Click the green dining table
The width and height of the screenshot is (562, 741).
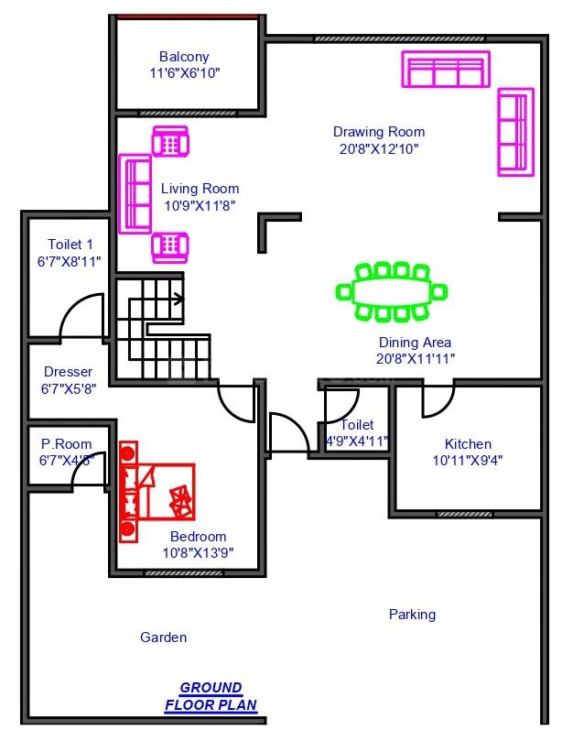tap(392, 292)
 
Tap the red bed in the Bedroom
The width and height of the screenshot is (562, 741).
tap(157, 492)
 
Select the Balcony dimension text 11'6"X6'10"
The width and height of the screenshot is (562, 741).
tap(185, 73)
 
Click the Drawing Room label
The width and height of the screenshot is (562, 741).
tap(379, 131)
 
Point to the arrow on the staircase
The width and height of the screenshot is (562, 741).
tap(178, 299)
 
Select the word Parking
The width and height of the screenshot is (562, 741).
tap(412, 615)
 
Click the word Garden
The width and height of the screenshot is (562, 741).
tap(164, 637)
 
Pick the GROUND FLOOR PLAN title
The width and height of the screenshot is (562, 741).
tap(211, 696)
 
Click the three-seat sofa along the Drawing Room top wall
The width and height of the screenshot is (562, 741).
tap(446, 69)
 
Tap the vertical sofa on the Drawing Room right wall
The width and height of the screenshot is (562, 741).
tap(515, 132)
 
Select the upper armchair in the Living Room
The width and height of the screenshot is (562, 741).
tap(170, 141)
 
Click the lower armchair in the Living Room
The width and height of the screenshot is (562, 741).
tap(170, 247)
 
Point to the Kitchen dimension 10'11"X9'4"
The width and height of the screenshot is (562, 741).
tap(468, 460)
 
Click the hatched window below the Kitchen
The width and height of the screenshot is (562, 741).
tap(464, 514)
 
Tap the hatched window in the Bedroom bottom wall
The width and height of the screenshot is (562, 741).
tap(183, 572)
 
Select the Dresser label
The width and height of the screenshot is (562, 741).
tap(68, 372)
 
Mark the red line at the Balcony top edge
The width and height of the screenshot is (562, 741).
tap(187, 16)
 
